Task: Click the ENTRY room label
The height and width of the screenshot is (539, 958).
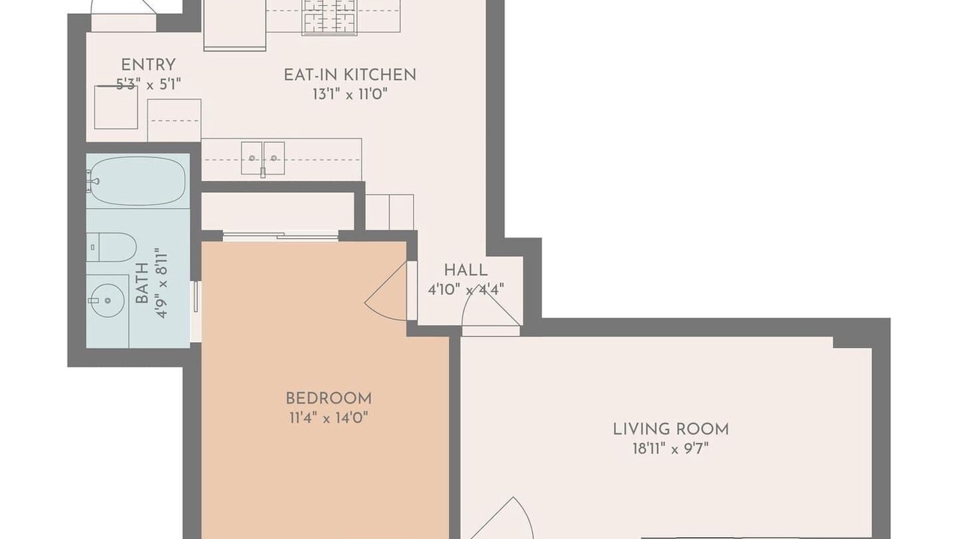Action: point(148,65)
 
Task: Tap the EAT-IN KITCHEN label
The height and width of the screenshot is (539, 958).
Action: point(350,75)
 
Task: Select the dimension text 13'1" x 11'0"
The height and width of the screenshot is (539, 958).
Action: point(350,94)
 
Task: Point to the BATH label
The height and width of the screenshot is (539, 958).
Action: point(142,283)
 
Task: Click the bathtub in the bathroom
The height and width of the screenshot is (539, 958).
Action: point(137,180)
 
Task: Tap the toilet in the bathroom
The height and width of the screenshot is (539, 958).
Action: point(112,247)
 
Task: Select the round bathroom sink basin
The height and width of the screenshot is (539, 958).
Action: point(109,300)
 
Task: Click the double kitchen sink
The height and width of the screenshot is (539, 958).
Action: point(263,158)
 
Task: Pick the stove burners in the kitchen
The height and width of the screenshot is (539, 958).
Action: point(329,16)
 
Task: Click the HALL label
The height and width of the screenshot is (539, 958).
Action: point(466,270)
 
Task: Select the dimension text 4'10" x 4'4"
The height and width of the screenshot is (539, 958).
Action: point(466,290)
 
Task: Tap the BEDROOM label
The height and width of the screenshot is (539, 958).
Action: point(329,399)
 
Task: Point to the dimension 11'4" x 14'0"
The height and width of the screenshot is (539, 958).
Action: point(329,418)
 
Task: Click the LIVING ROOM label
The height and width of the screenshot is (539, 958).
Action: point(671,430)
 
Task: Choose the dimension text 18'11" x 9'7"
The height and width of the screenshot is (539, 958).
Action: point(671,448)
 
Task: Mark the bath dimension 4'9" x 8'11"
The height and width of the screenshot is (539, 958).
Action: point(162,283)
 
